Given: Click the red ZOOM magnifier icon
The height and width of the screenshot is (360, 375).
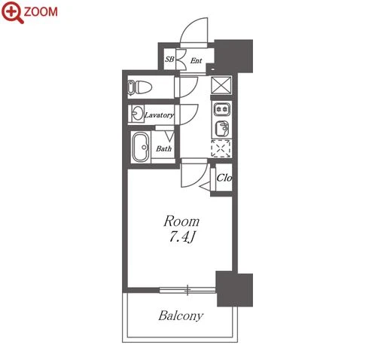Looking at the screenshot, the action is pyautogui.click(x=13, y=12).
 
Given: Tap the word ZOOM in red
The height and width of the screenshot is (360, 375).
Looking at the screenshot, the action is pyautogui.click(x=41, y=12).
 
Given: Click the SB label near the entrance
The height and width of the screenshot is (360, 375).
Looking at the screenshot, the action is pyautogui.click(x=169, y=59).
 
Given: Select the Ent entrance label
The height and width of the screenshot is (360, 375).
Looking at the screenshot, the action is pyautogui.click(x=196, y=60).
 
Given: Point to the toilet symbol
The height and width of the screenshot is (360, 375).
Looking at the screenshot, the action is pyautogui.click(x=140, y=87).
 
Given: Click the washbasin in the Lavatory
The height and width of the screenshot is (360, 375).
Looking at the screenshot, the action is pyautogui.click(x=138, y=114).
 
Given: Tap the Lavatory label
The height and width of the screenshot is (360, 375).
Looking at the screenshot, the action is pyautogui.click(x=159, y=115).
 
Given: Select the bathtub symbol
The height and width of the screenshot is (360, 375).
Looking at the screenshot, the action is pyautogui.click(x=141, y=147).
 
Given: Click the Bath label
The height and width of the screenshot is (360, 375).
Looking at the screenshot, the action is pyautogui.click(x=163, y=148).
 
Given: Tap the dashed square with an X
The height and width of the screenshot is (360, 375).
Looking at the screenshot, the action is pyautogui.click(x=221, y=148).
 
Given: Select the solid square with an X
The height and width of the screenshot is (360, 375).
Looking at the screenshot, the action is pyautogui.click(x=221, y=85).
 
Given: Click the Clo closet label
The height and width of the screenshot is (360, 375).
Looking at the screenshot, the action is pyautogui.click(x=224, y=178).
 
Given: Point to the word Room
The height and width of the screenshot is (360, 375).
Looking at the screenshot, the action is pyautogui.click(x=181, y=221).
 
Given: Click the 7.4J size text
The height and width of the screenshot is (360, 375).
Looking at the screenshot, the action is pyautogui.click(x=181, y=236).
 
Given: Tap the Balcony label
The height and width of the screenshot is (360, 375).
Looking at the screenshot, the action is pyautogui.click(x=181, y=316).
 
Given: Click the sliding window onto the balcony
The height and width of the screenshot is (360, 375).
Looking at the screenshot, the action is pyautogui.click(x=187, y=290).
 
